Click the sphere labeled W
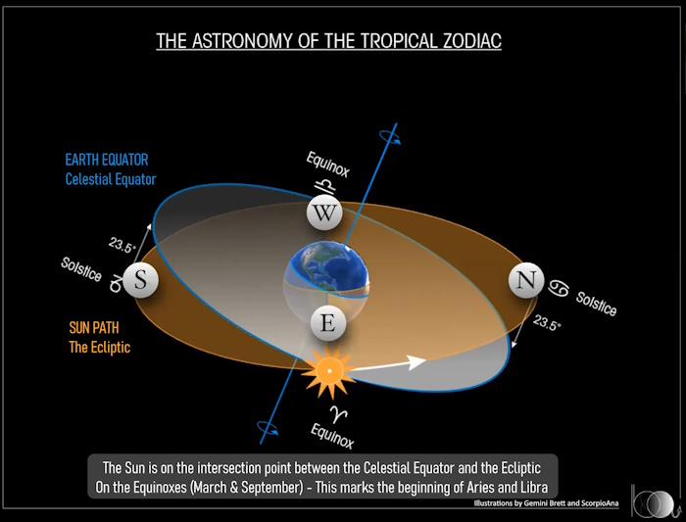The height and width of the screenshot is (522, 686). click(x=324, y=213)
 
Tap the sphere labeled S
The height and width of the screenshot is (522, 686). click(x=140, y=280)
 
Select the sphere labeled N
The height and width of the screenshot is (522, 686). click(x=526, y=280)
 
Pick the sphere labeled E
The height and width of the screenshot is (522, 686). click(x=328, y=323)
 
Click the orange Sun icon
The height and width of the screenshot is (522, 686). click(x=329, y=371)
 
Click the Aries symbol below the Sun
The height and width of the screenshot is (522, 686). click(x=338, y=413)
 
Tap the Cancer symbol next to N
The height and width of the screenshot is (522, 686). click(x=559, y=289)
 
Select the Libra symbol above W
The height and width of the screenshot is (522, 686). click(x=326, y=187)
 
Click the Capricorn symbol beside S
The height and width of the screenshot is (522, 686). click(x=116, y=284)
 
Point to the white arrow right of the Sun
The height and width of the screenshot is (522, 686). click(x=388, y=364)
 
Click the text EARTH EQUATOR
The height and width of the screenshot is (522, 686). click(x=107, y=160)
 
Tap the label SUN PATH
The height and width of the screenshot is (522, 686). click(x=94, y=328)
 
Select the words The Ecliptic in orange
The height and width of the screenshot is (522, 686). click(x=100, y=347)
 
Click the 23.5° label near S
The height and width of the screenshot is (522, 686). click(x=122, y=246)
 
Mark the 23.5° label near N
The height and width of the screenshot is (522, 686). click(x=547, y=323)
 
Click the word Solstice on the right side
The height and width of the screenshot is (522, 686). click(x=596, y=304)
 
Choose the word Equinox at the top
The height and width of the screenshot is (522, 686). click(x=328, y=165)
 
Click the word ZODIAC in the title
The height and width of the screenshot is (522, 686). click(x=471, y=41)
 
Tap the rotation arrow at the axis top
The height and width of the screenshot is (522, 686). click(x=390, y=135)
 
